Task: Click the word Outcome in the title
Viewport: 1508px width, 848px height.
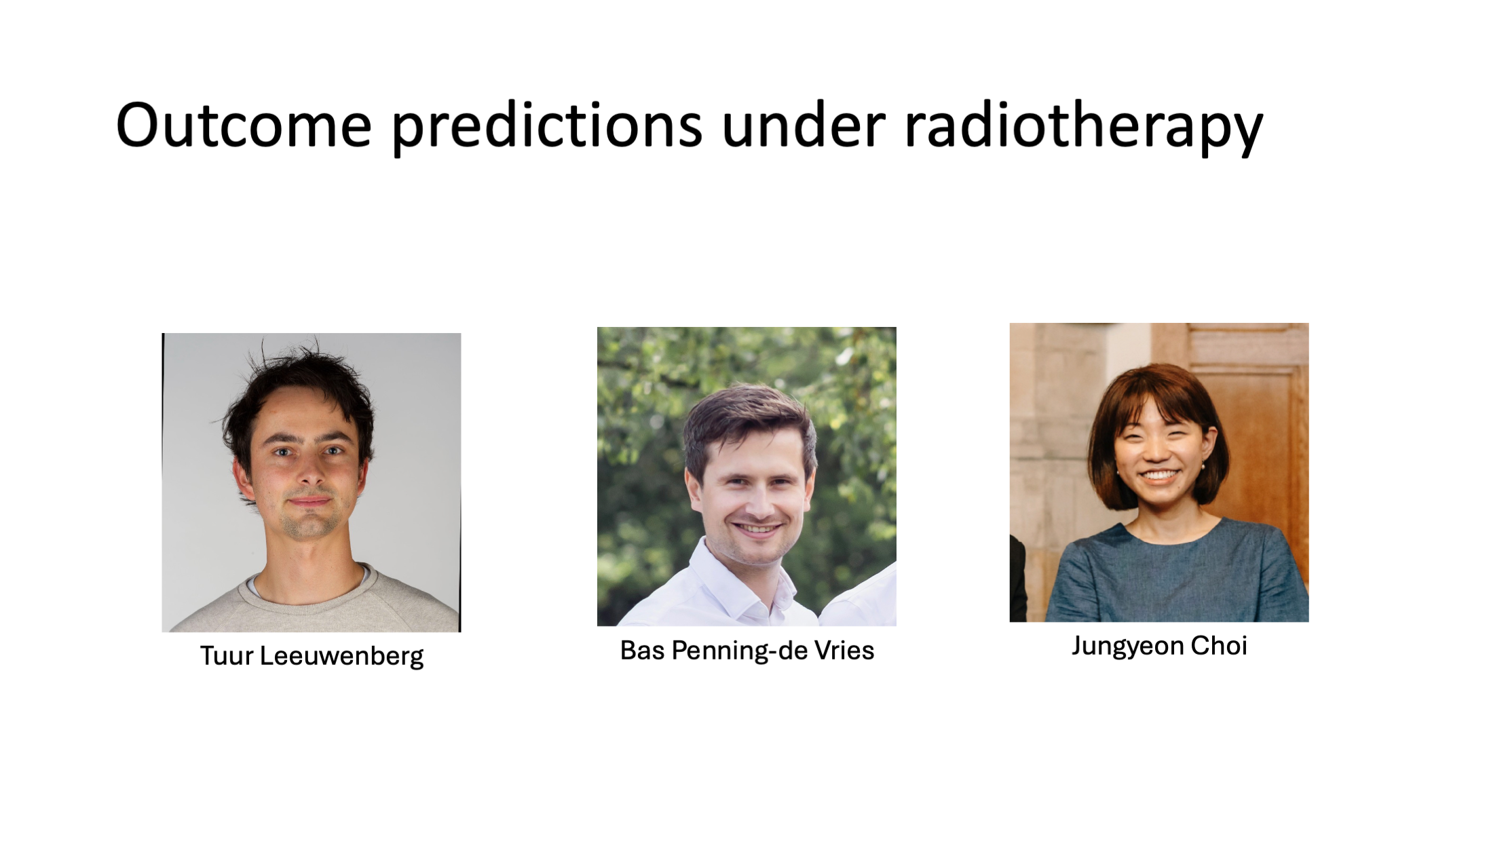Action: (244, 125)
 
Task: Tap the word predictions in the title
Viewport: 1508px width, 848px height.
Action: (547, 128)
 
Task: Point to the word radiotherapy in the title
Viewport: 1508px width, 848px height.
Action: (1084, 128)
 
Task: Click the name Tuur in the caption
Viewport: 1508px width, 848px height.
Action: (226, 656)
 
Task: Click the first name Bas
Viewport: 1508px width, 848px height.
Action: (642, 651)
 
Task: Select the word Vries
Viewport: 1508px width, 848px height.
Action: (845, 651)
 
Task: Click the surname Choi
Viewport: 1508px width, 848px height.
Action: (1219, 645)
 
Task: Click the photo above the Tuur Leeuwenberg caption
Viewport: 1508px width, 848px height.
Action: (312, 482)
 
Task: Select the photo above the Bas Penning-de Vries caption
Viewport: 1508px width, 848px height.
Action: (747, 476)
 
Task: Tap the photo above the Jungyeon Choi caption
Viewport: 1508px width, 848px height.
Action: (1159, 472)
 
